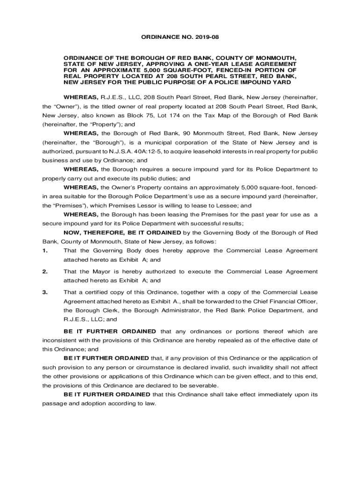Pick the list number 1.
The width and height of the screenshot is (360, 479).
(45, 250)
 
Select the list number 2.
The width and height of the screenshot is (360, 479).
(45, 271)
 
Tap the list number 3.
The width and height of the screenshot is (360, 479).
(45, 292)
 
